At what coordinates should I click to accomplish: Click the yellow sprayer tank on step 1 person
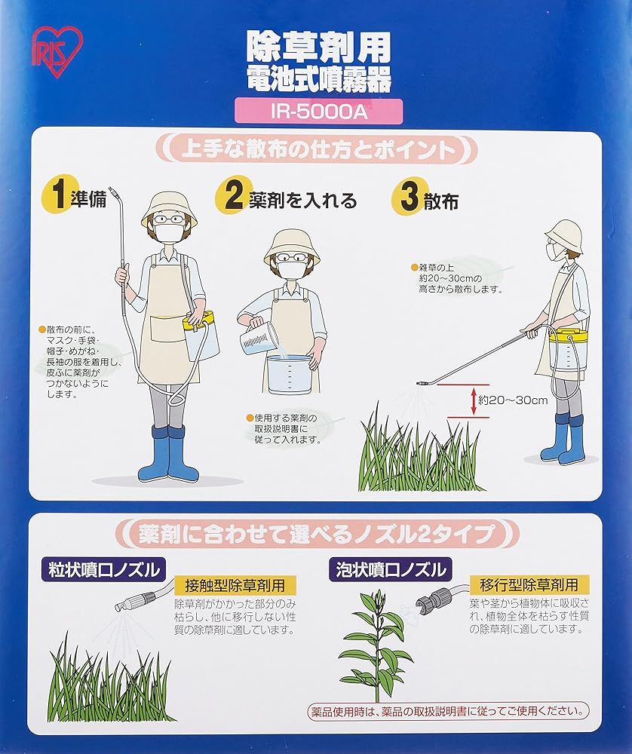click(x=201, y=332)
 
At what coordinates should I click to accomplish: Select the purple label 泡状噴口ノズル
click(x=391, y=569)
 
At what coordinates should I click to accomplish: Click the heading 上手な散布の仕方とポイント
click(x=316, y=149)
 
